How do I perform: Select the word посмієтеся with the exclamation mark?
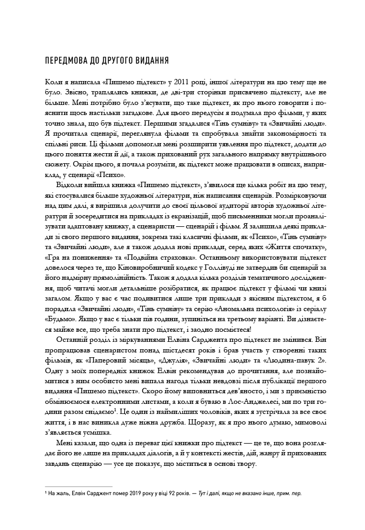pos(250,328)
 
